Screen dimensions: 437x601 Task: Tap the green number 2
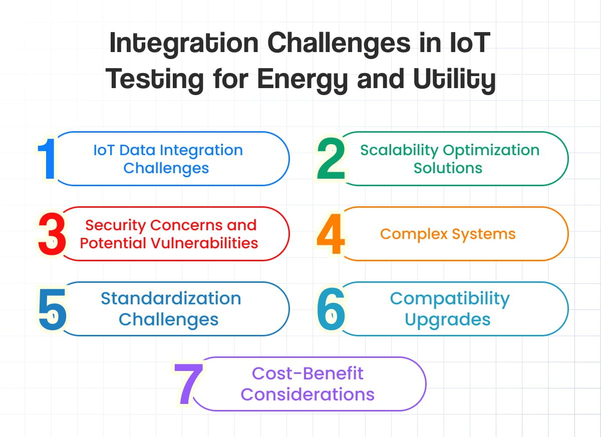331,159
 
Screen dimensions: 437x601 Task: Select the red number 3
52,234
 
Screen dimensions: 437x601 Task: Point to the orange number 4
331,234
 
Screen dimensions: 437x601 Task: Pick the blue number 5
52,309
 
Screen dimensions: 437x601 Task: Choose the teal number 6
331,309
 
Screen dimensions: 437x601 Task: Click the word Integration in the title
184,44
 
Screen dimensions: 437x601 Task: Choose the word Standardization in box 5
171,298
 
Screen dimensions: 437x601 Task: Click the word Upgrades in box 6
448,319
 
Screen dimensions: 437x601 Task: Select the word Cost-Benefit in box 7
308,373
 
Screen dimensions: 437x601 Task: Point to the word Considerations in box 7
308,394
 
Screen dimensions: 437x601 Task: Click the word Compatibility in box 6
450,298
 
